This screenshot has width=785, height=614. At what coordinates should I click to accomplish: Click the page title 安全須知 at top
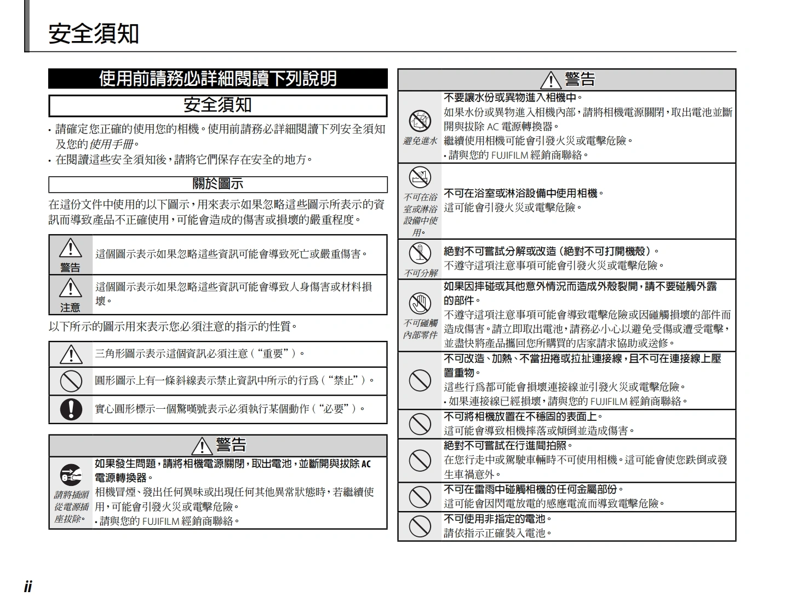(94, 33)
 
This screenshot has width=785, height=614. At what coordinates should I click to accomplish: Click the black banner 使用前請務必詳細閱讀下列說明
(217, 79)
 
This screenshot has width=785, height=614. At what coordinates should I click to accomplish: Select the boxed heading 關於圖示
(217, 184)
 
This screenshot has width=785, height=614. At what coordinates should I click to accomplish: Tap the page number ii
(28, 587)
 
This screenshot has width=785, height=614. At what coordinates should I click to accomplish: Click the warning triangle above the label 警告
(70, 249)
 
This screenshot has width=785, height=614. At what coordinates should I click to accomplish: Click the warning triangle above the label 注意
(70, 288)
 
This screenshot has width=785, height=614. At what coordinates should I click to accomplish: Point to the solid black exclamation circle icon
(71, 409)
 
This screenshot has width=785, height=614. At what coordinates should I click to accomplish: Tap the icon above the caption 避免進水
(420, 121)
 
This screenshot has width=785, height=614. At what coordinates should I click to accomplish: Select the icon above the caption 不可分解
(420, 253)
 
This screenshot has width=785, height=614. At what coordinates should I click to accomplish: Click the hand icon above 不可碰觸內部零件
(420, 303)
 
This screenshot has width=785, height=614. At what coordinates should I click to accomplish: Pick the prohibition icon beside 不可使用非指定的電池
(420, 526)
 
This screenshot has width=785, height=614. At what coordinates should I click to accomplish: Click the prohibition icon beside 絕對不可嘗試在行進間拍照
(420, 460)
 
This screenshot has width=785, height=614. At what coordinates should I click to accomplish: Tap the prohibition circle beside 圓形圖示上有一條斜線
(71, 381)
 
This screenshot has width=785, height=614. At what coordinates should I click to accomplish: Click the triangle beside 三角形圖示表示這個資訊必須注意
(71, 354)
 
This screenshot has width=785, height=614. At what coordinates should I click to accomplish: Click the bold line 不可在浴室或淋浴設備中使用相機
(524, 193)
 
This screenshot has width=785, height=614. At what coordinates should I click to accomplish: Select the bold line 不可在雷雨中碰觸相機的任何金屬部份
(534, 489)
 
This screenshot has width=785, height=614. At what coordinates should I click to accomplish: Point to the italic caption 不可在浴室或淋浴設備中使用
(420, 215)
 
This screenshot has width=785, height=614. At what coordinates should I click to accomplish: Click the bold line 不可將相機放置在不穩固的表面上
(523, 416)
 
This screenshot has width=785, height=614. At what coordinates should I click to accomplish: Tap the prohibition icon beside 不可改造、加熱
(420, 380)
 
